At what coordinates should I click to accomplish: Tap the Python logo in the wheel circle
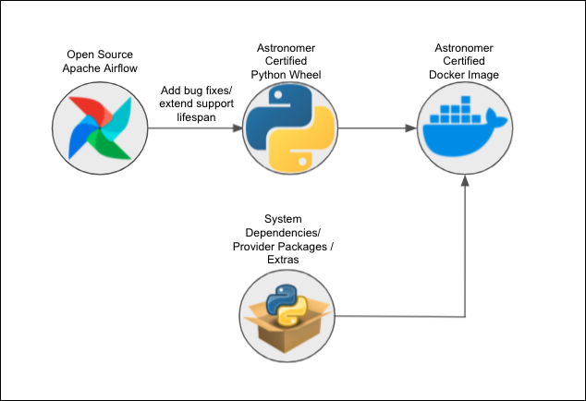(x=287, y=128)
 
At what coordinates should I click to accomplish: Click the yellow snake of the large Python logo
(x=300, y=143)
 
